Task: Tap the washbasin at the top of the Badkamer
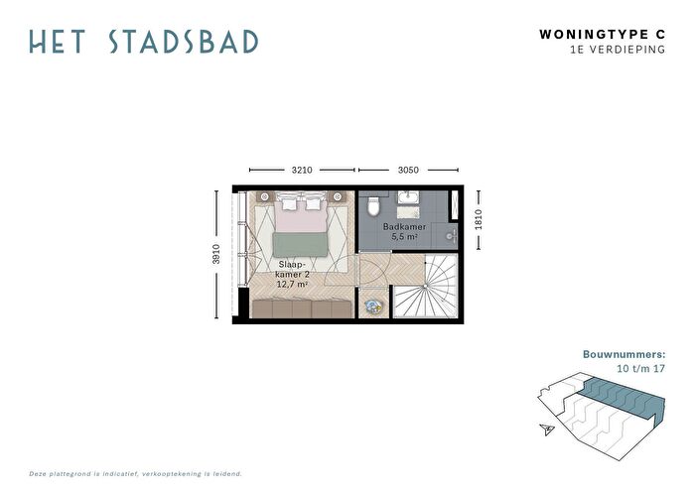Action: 408,197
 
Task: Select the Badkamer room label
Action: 404,227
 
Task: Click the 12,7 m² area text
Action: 292,284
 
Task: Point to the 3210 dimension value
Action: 302,170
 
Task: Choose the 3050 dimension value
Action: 408,170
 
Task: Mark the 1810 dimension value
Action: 479,219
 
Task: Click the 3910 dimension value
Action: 215,254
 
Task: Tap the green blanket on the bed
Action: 301,244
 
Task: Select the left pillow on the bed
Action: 289,203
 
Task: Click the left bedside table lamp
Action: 265,197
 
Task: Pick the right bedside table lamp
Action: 337,197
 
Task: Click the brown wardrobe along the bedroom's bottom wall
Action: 302,309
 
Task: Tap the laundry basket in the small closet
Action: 372,307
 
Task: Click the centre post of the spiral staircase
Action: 425,286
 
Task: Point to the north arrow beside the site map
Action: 547,429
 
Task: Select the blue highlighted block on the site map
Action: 624,398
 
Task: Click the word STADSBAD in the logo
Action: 184,42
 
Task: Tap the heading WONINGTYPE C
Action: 603,35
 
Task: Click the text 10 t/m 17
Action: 641,368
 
